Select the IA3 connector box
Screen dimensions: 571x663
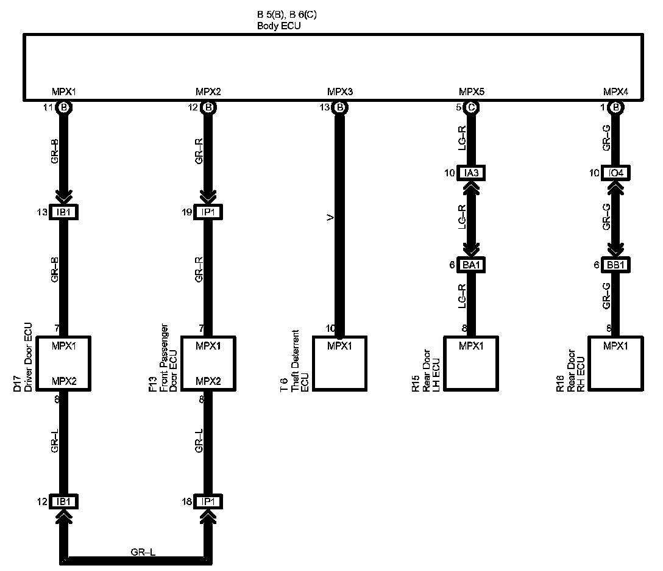pyautogui.click(x=472, y=173)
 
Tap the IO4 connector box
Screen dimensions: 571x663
pyautogui.click(x=616, y=173)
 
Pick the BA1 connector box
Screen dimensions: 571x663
pyautogui.click(x=472, y=265)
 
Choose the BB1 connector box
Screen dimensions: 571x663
pyautogui.click(x=616, y=265)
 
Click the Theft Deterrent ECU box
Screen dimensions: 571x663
pyautogui.click(x=340, y=364)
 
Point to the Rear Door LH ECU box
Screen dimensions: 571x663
pyautogui.click(x=472, y=364)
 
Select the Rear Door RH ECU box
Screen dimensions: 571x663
pyautogui.click(x=615, y=364)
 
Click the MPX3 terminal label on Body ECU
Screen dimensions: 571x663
pyautogui.click(x=340, y=92)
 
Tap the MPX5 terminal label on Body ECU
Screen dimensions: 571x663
pyautogui.click(x=471, y=92)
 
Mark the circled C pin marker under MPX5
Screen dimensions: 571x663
pyautogui.click(x=471, y=108)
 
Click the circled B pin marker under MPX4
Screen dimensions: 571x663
pyautogui.click(x=616, y=108)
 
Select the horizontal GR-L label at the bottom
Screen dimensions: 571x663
pyautogui.click(x=143, y=553)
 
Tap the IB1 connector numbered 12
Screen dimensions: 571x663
pyautogui.click(x=64, y=501)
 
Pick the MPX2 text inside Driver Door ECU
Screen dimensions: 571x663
pyautogui.click(x=63, y=381)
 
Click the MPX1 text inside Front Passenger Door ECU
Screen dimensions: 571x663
pyautogui.click(x=208, y=346)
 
